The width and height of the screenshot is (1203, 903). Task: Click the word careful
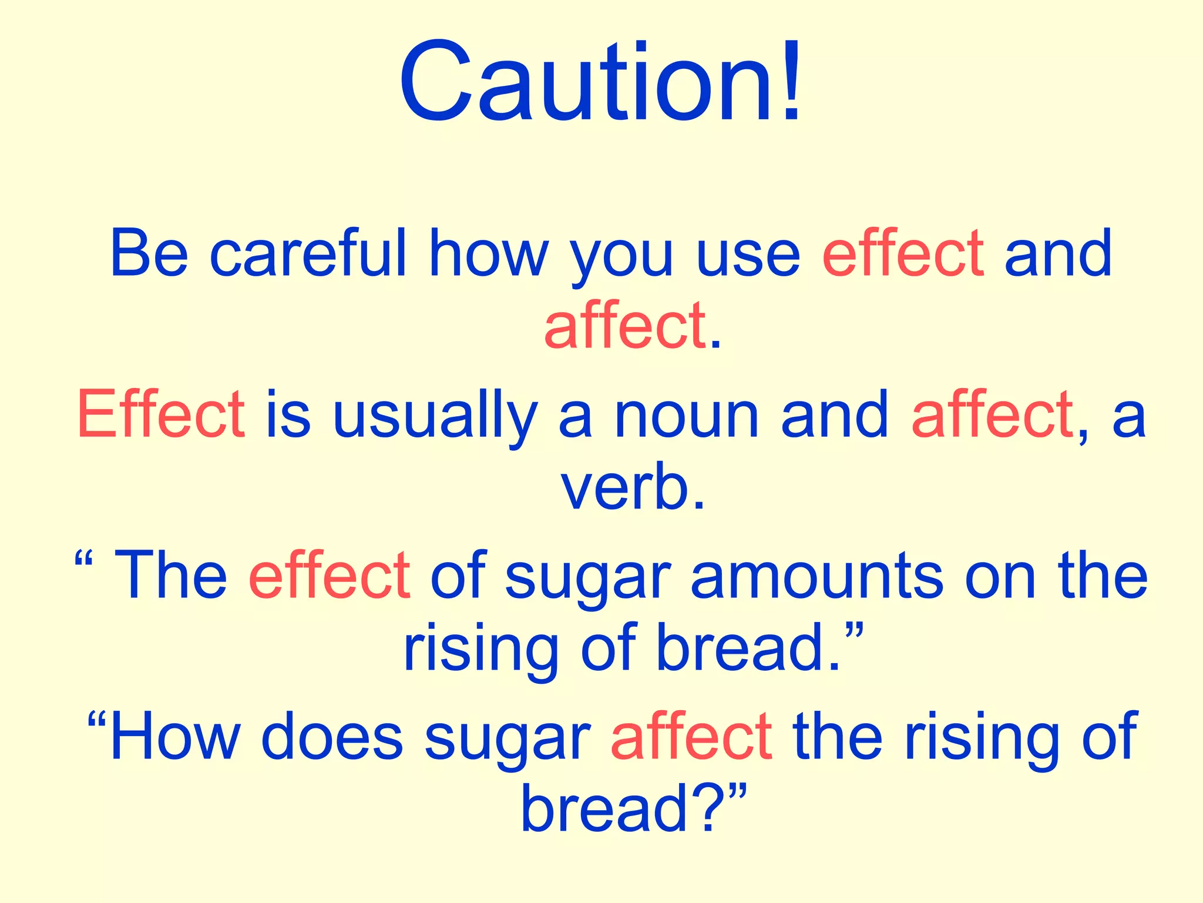point(308,253)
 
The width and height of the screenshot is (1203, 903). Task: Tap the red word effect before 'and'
point(903,253)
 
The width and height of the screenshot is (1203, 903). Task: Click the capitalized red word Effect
point(161,414)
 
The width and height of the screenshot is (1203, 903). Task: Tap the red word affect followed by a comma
point(993,415)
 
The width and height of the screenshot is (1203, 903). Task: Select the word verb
point(625,488)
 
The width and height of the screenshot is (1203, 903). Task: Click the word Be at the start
point(149,253)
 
